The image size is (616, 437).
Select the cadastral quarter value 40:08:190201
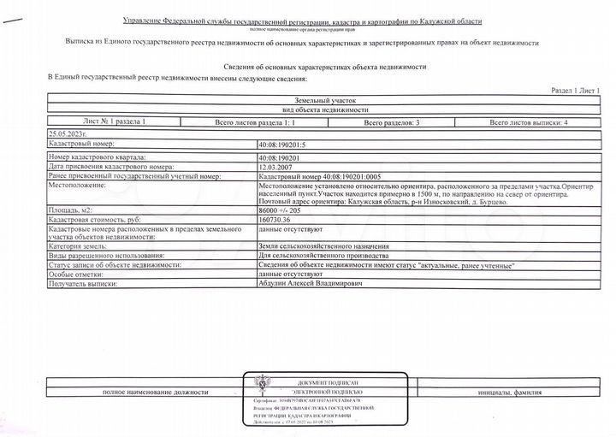coord(278,158)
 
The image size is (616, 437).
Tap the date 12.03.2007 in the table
coord(274,167)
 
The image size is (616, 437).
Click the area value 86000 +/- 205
coord(280,209)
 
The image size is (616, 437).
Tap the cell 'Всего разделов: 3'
coord(391,123)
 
